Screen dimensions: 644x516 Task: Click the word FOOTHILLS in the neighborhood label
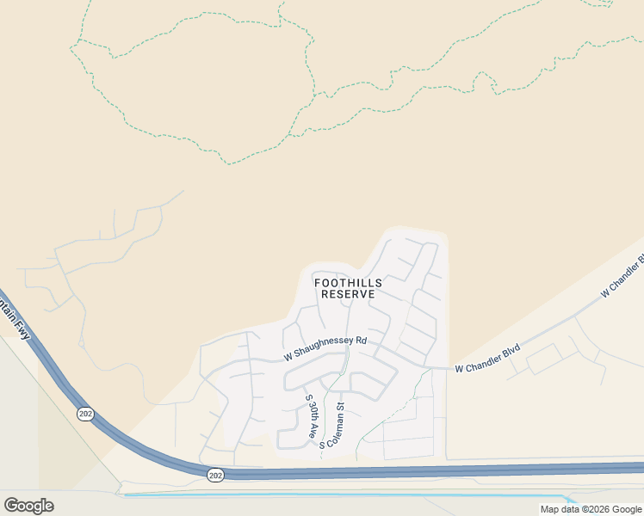click(348, 282)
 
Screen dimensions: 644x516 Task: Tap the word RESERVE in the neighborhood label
click(348, 294)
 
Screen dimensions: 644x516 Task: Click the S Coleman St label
click(333, 426)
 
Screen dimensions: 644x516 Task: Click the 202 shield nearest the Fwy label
click(84, 414)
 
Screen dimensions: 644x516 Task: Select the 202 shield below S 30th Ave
click(215, 475)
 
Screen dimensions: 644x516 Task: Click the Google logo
click(28, 506)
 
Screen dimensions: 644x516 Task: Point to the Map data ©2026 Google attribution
click(591, 509)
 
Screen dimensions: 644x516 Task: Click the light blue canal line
click(344, 495)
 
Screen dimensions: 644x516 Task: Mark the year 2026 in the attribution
click(600, 509)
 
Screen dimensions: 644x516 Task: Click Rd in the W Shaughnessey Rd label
click(362, 341)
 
